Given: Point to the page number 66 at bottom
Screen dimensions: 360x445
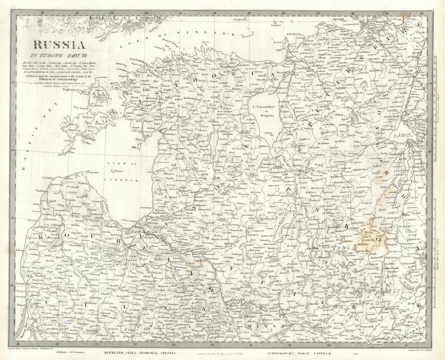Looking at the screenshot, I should click(356, 353).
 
